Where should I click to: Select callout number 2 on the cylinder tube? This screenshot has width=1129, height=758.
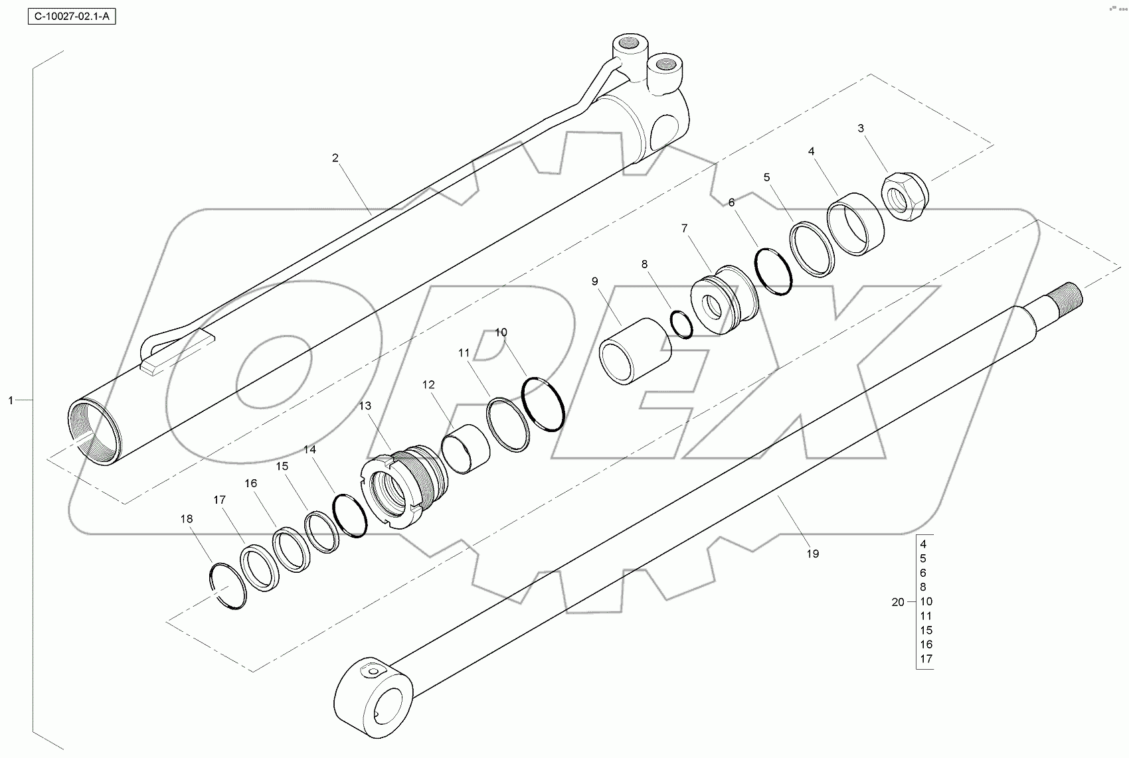[x=335, y=158]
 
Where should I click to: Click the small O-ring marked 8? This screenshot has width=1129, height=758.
[x=681, y=323]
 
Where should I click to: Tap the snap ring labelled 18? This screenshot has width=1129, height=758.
[x=228, y=585]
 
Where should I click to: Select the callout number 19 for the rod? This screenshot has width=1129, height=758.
[x=812, y=554]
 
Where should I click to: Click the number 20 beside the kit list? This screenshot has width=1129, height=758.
[x=898, y=602]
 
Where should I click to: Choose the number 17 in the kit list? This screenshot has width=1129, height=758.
[x=926, y=659]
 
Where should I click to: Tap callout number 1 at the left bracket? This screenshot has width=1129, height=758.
[x=11, y=400]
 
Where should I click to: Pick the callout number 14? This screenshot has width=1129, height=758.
[x=309, y=449]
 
